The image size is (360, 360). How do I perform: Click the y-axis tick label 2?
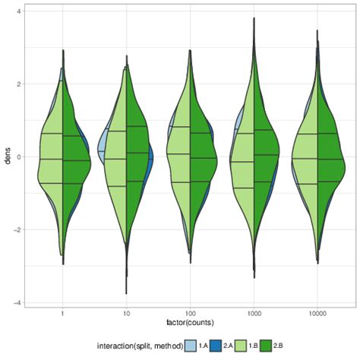tap(18, 84)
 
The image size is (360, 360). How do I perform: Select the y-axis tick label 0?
tap(18, 156)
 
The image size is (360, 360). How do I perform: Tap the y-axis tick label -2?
tap(17, 229)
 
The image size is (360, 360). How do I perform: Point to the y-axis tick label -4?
tap(17, 302)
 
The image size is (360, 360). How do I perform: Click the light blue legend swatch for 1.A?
tap(191, 346)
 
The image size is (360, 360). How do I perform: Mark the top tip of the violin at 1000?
tap(254, 17)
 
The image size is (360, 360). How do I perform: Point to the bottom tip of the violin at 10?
tap(126, 293)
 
